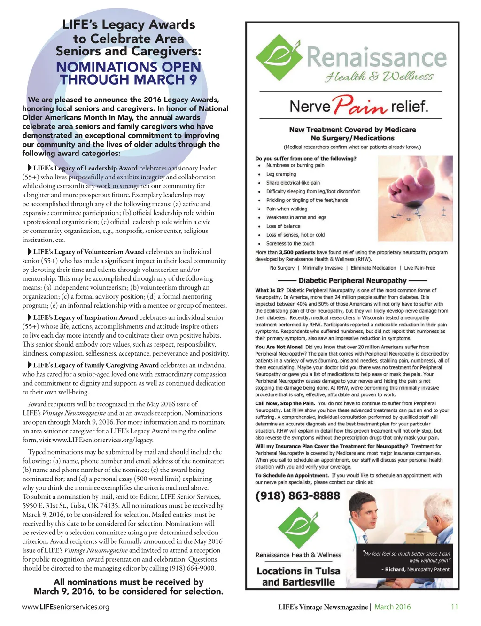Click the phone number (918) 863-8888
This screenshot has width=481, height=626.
tap(297, 496)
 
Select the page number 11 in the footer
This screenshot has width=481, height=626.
tap(454, 607)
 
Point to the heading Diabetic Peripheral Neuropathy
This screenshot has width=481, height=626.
tap(352, 280)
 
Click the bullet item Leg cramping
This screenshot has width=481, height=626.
tap(281, 174)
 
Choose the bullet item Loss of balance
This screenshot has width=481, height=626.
tap(283, 226)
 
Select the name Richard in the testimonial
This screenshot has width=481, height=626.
tap(395, 570)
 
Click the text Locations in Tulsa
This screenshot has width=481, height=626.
tap(298, 571)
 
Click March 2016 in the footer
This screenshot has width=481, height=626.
tap(392, 607)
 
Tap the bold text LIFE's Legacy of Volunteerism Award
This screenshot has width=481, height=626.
tap(88, 252)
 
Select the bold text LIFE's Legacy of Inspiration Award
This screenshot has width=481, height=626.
tap(85, 317)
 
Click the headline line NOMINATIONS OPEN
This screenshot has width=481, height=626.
tap(128, 67)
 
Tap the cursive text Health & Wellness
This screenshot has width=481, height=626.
tap(379, 77)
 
